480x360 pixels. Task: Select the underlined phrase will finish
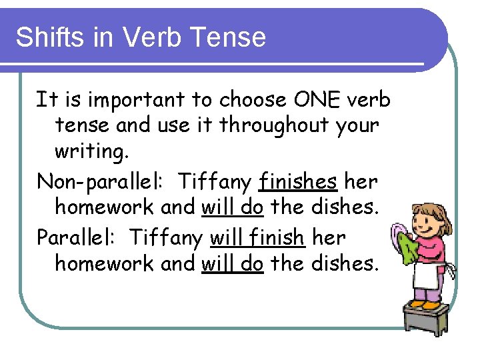[x=257, y=237]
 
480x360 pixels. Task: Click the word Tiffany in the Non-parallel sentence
[x=215, y=181]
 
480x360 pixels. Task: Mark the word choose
[x=252, y=100]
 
